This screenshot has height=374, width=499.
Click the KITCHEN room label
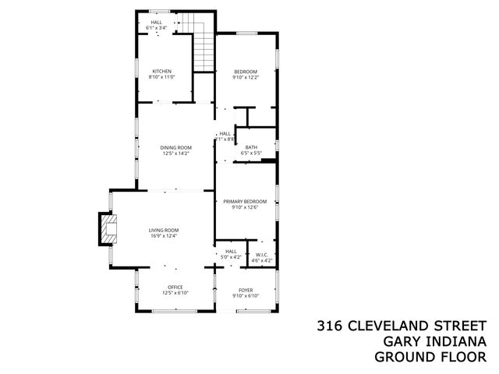[x=162, y=72]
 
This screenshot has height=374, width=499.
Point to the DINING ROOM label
[x=175, y=148]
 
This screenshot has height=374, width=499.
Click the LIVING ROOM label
[x=165, y=230]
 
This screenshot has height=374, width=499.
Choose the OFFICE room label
[x=175, y=288]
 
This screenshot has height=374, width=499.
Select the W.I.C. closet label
[x=262, y=255]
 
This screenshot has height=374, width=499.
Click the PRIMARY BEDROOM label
[x=244, y=202]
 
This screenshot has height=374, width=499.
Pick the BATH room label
[x=251, y=147]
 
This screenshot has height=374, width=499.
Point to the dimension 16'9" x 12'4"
[x=165, y=236]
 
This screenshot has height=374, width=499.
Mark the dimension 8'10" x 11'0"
[x=162, y=77]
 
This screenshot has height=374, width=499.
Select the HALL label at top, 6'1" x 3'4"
[x=156, y=22]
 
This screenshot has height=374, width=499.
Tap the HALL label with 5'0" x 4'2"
[x=231, y=251]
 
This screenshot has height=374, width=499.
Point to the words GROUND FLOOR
[x=430, y=357]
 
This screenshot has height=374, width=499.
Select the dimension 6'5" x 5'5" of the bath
[x=251, y=153]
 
